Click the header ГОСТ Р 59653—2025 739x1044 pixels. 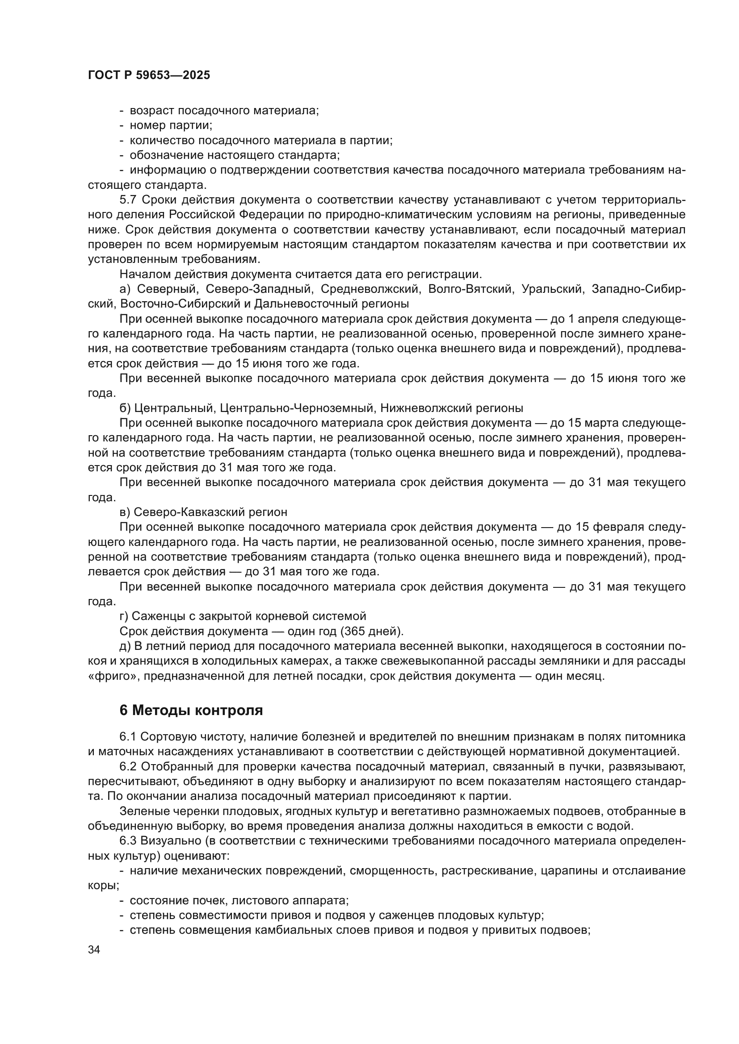click(149, 75)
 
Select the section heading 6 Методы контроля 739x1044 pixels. click(191, 711)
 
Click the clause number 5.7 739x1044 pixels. click(128, 200)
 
